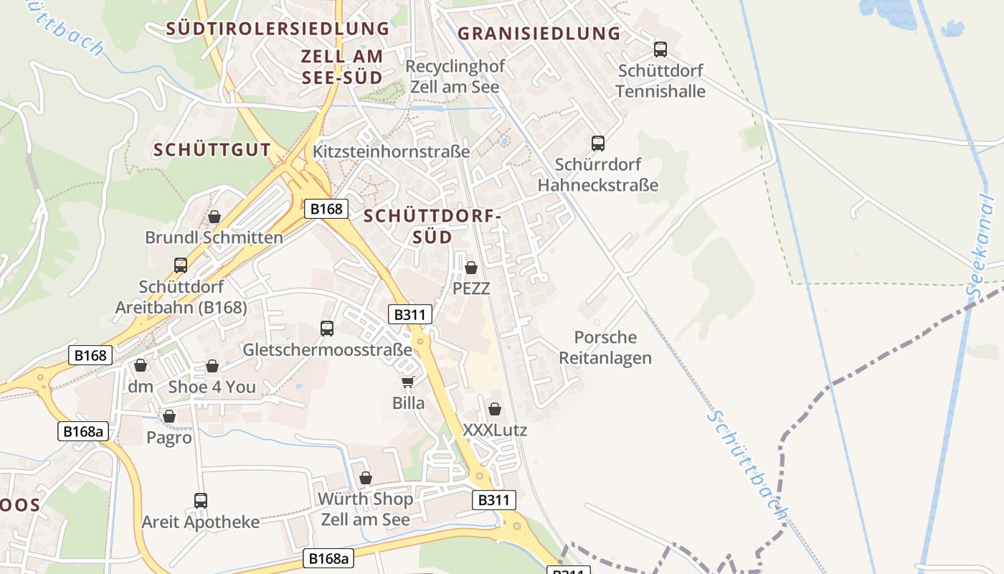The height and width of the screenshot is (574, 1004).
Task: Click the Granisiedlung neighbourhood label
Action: pos(539,34)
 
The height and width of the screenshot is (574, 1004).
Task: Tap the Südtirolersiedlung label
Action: pos(278,29)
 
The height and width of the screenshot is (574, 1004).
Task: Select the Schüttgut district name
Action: pos(212,150)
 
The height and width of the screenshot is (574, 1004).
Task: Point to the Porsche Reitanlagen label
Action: pos(605,347)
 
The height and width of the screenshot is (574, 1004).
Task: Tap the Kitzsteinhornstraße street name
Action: pos(391,151)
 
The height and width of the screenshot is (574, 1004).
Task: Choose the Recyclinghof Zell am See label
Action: pos(455,76)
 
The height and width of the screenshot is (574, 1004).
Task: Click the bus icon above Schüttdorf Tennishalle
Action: pos(660,50)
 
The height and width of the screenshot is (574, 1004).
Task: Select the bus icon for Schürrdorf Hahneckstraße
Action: pos(597,143)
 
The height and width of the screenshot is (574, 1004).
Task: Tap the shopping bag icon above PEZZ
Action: pos(471,268)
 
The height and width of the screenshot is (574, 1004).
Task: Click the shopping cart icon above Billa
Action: pos(407,382)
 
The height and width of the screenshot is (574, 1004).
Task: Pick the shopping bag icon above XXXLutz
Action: pos(494,409)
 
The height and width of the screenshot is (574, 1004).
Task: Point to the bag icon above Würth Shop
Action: pos(366,477)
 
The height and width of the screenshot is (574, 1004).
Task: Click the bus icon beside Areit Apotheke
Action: pos(201,500)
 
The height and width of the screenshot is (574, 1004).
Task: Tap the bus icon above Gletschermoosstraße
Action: pos(327,329)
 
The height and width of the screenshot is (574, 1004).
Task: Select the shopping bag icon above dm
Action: pos(141,365)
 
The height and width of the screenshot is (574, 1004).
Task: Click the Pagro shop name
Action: pos(169,437)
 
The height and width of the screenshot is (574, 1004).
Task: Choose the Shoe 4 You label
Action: pos(212,387)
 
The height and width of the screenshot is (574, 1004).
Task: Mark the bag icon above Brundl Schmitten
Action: pos(214,216)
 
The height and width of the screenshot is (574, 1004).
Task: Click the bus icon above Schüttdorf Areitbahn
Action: pos(181,265)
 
